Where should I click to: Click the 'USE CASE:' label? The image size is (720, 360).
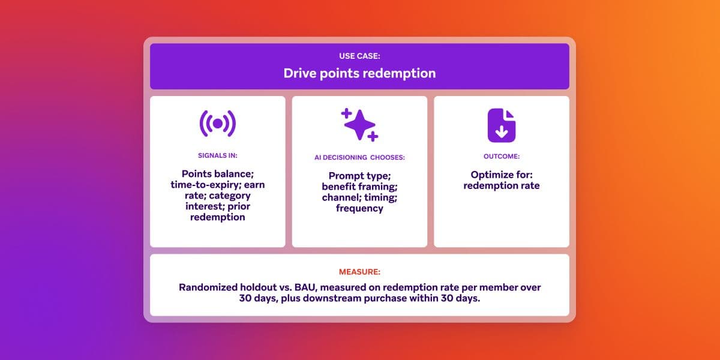(x=359, y=57)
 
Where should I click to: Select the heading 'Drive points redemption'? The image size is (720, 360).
(x=359, y=74)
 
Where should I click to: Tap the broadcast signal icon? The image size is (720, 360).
(x=217, y=124)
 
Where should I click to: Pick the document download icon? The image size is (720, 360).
(x=501, y=125)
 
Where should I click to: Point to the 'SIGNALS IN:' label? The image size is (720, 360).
(x=217, y=155)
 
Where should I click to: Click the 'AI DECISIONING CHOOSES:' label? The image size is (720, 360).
(x=359, y=158)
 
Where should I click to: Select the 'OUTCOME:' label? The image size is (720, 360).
(x=501, y=155)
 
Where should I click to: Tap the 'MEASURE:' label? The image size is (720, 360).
(x=359, y=271)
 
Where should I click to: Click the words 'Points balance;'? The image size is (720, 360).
(x=217, y=174)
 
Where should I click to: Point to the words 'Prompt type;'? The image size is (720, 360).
(x=359, y=176)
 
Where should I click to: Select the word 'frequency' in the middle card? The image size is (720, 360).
(x=359, y=208)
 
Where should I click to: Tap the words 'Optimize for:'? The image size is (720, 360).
(x=501, y=175)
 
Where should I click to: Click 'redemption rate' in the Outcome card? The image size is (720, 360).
(x=501, y=185)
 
